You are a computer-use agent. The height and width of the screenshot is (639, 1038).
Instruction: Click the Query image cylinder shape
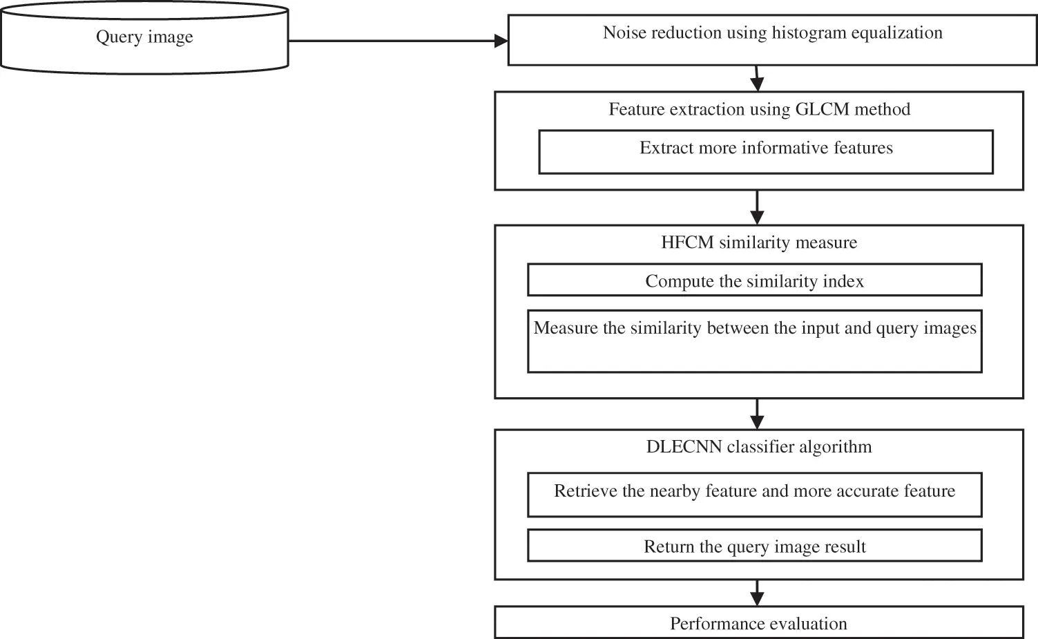click(x=144, y=38)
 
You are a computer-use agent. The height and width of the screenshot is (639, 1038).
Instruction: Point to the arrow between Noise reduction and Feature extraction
click(x=757, y=79)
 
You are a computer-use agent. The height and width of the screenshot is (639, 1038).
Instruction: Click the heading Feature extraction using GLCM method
click(x=759, y=109)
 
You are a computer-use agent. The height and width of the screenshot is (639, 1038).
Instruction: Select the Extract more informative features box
click(x=765, y=152)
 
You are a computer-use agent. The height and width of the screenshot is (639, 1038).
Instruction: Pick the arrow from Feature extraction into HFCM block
click(x=758, y=207)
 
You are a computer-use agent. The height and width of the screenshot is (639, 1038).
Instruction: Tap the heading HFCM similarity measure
click(x=759, y=242)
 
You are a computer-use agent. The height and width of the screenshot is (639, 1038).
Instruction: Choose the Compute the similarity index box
click(x=754, y=280)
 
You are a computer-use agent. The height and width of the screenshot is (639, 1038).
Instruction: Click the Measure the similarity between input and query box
click(x=754, y=341)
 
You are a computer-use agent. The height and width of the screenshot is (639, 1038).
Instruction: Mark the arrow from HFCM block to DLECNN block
click(x=758, y=414)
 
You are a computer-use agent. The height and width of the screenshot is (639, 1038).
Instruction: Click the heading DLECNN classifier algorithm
click(x=759, y=446)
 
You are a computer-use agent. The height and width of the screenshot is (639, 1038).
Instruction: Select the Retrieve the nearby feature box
click(x=754, y=495)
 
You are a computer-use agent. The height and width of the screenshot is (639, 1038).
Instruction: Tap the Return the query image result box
click(x=754, y=546)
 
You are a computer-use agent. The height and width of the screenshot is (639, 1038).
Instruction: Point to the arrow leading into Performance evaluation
click(x=758, y=593)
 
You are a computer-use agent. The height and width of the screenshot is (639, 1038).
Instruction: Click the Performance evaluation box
click(x=758, y=622)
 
